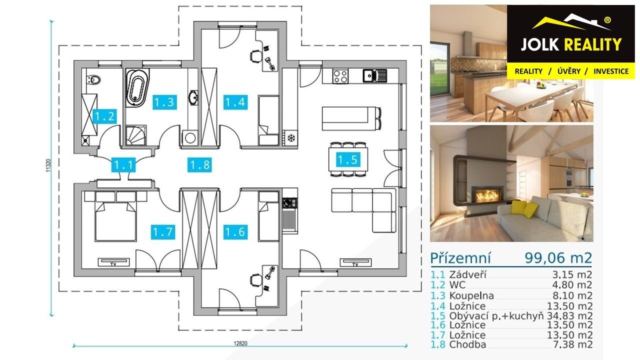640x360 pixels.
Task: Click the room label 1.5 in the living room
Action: pos(347,159)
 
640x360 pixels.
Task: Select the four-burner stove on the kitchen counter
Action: pos(341,75)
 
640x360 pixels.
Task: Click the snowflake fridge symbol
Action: pos(289,137)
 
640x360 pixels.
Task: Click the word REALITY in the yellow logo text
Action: pos(593,45)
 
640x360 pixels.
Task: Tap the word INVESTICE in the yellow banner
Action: pos(610,71)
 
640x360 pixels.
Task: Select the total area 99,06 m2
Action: pos(558,258)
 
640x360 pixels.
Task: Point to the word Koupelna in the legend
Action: pos(471,295)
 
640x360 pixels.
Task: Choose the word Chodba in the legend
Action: pos(467,344)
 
